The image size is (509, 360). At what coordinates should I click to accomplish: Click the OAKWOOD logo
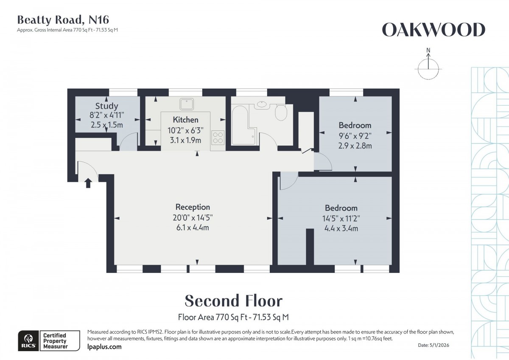(433, 30)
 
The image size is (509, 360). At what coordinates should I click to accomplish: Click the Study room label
(106, 106)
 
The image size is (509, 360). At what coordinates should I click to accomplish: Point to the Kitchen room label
(185, 120)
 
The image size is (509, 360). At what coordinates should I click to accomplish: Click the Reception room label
(193, 207)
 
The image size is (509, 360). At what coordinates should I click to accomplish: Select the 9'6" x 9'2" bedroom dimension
(355, 136)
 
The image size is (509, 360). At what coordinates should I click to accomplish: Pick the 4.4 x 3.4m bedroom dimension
(341, 228)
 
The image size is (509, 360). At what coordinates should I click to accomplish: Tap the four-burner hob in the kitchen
(218, 138)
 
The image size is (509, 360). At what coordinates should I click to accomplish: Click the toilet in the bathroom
(281, 113)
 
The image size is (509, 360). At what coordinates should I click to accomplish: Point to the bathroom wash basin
(262, 104)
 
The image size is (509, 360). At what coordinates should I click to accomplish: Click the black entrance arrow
(88, 183)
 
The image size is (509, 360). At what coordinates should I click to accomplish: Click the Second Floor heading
(233, 301)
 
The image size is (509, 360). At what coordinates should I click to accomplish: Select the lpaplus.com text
(104, 347)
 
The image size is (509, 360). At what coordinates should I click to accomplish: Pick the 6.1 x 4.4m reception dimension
(193, 228)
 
